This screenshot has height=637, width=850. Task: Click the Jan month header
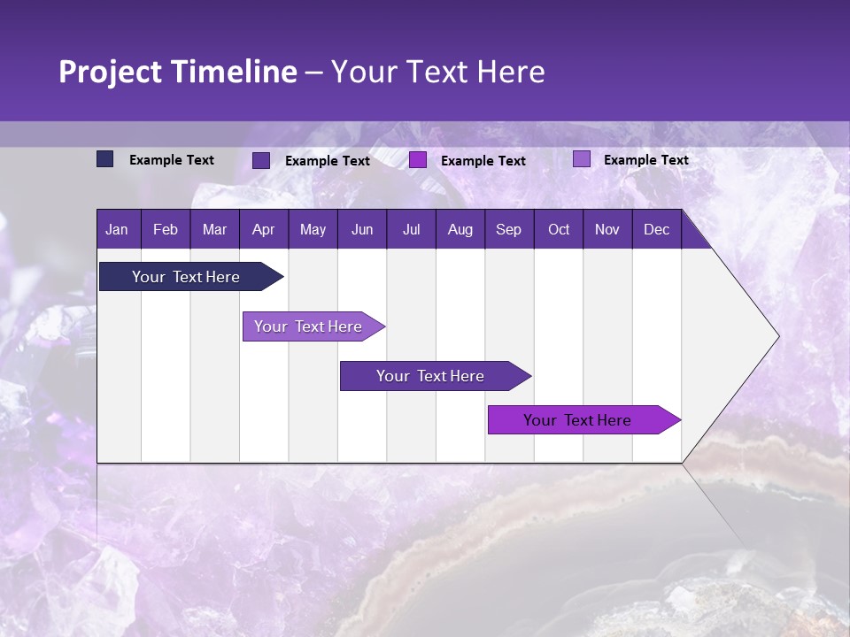tap(117, 229)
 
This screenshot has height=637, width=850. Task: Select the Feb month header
tap(166, 229)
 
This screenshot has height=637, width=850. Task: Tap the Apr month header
tap(263, 229)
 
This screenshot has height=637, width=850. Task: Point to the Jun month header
tap(362, 229)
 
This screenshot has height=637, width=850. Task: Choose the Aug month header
tap(460, 229)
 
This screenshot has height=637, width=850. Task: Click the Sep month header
tap(508, 229)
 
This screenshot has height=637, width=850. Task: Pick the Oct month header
tap(559, 229)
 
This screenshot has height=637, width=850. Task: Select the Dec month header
tap(656, 229)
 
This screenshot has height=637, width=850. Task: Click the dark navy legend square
tap(105, 159)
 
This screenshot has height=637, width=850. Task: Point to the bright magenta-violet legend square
tap(418, 160)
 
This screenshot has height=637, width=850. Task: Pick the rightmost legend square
tap(581, 159)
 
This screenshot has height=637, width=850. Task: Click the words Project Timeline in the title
tap(178, 72)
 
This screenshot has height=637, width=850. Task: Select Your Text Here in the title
tap(438, 72)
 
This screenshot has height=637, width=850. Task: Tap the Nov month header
tap(607, 229)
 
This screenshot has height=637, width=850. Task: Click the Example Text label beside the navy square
tap(172, 160)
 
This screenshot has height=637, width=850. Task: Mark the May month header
tap(313, 229)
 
